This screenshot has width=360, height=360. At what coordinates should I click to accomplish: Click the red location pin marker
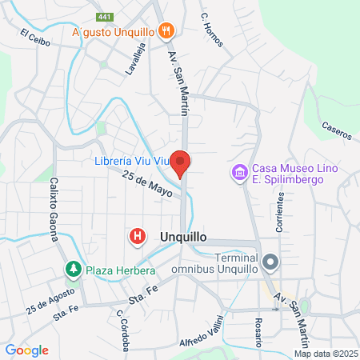[181, 163]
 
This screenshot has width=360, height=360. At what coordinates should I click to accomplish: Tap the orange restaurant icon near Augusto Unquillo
[166, 31]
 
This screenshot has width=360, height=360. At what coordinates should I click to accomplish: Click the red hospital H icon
[138, 236]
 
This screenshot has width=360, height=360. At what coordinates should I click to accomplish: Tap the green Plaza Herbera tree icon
[74, 269]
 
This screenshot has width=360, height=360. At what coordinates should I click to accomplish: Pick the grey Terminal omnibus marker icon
[270, 262]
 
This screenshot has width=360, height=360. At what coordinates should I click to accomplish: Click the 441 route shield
[104, 15]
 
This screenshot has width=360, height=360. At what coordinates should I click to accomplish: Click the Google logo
[26, 350]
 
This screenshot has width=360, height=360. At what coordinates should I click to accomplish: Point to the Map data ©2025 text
[326, 354]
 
